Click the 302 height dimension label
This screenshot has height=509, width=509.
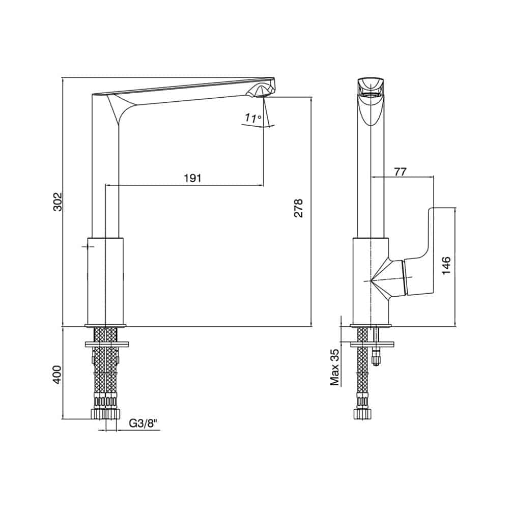pos(58,202)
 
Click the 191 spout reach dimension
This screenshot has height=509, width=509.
pos(193,178)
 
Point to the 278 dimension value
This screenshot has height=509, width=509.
pos(298,208)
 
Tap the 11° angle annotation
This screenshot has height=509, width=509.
pos(253,118)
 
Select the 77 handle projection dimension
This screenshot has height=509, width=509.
pos(400,172)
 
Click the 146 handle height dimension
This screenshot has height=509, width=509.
pos(446,265)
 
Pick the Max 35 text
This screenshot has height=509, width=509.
pos(335,367)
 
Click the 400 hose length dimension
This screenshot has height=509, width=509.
pos(57,375)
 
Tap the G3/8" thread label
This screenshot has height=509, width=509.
pos(143,423)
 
